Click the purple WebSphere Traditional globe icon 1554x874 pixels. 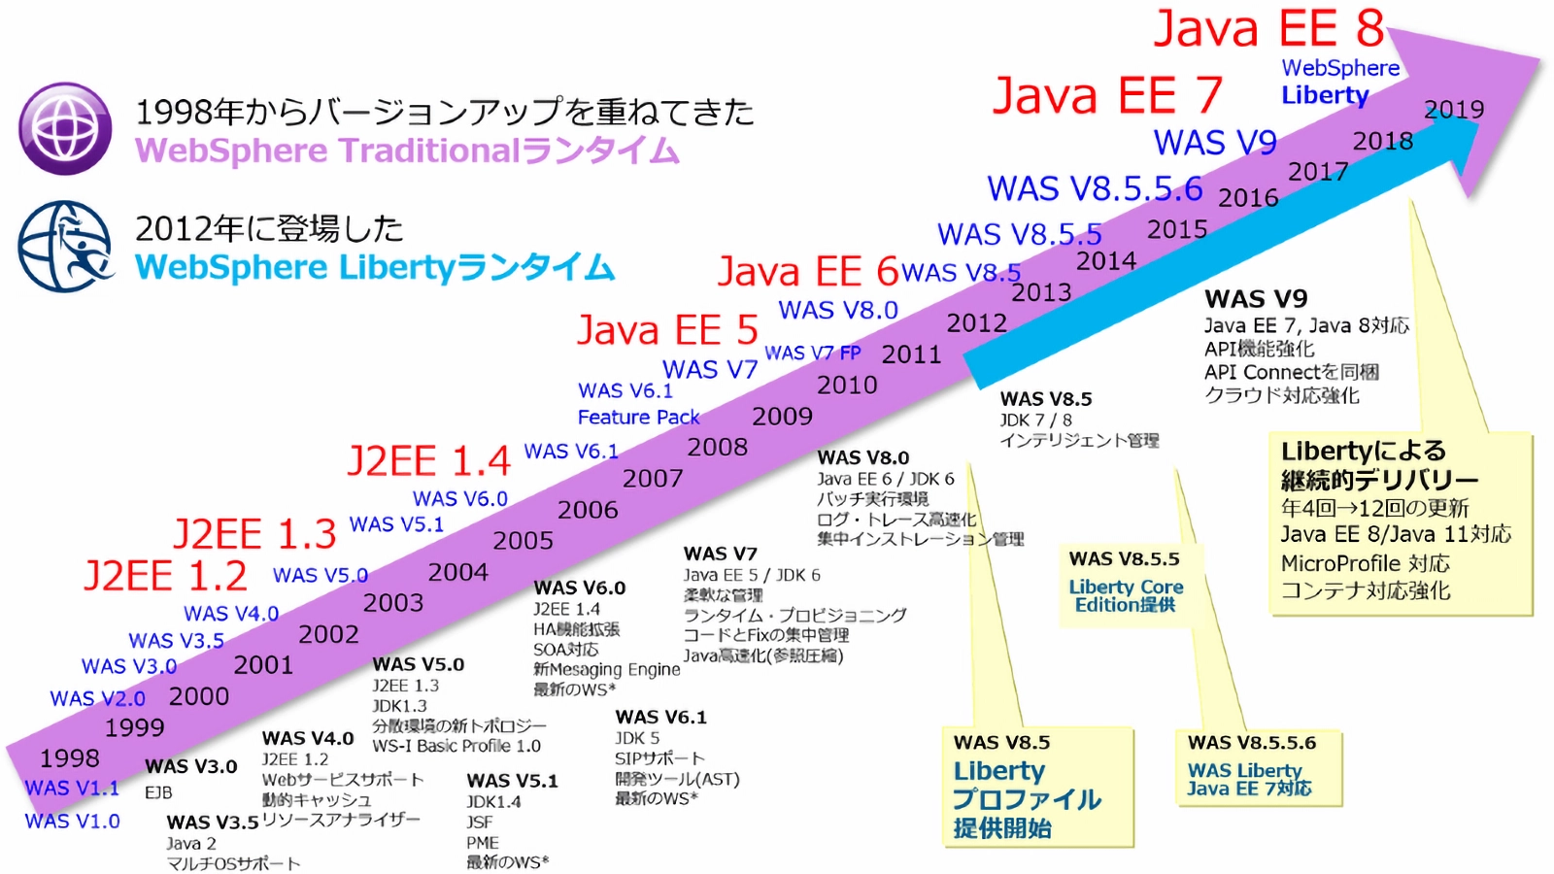[x=66, y=129]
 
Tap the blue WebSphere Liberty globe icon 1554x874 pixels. [x=65, y=247]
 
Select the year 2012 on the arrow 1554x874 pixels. [x=977, y=323]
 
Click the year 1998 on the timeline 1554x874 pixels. [x=70, y=757]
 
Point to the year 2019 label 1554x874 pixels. [x=1454, y=110]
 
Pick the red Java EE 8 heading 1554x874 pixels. [x=1268, y=29]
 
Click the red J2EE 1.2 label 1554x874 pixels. [x=165, y=576]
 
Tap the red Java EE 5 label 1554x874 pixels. [x=667, y=330]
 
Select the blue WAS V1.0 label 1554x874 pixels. [x=73, y=822]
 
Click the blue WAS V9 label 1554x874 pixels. [x=1215, y=143]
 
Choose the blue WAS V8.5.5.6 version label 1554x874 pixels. [x=1095, y=188]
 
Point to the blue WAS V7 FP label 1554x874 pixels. [x=813, y=353]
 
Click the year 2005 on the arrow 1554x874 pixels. [x=524, y=541]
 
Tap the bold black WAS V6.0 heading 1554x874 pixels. [x=580, y=588]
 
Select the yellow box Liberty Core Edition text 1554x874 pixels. [x=1126, y=595]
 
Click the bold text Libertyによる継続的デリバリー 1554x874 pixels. [x=1379, y=465]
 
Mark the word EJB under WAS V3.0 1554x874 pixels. [x=158, y=792]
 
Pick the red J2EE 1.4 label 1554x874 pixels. [x=428, y=460]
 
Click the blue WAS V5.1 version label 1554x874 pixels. [x=396, y=524]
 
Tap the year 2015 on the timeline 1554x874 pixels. [x=1177, y=230]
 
